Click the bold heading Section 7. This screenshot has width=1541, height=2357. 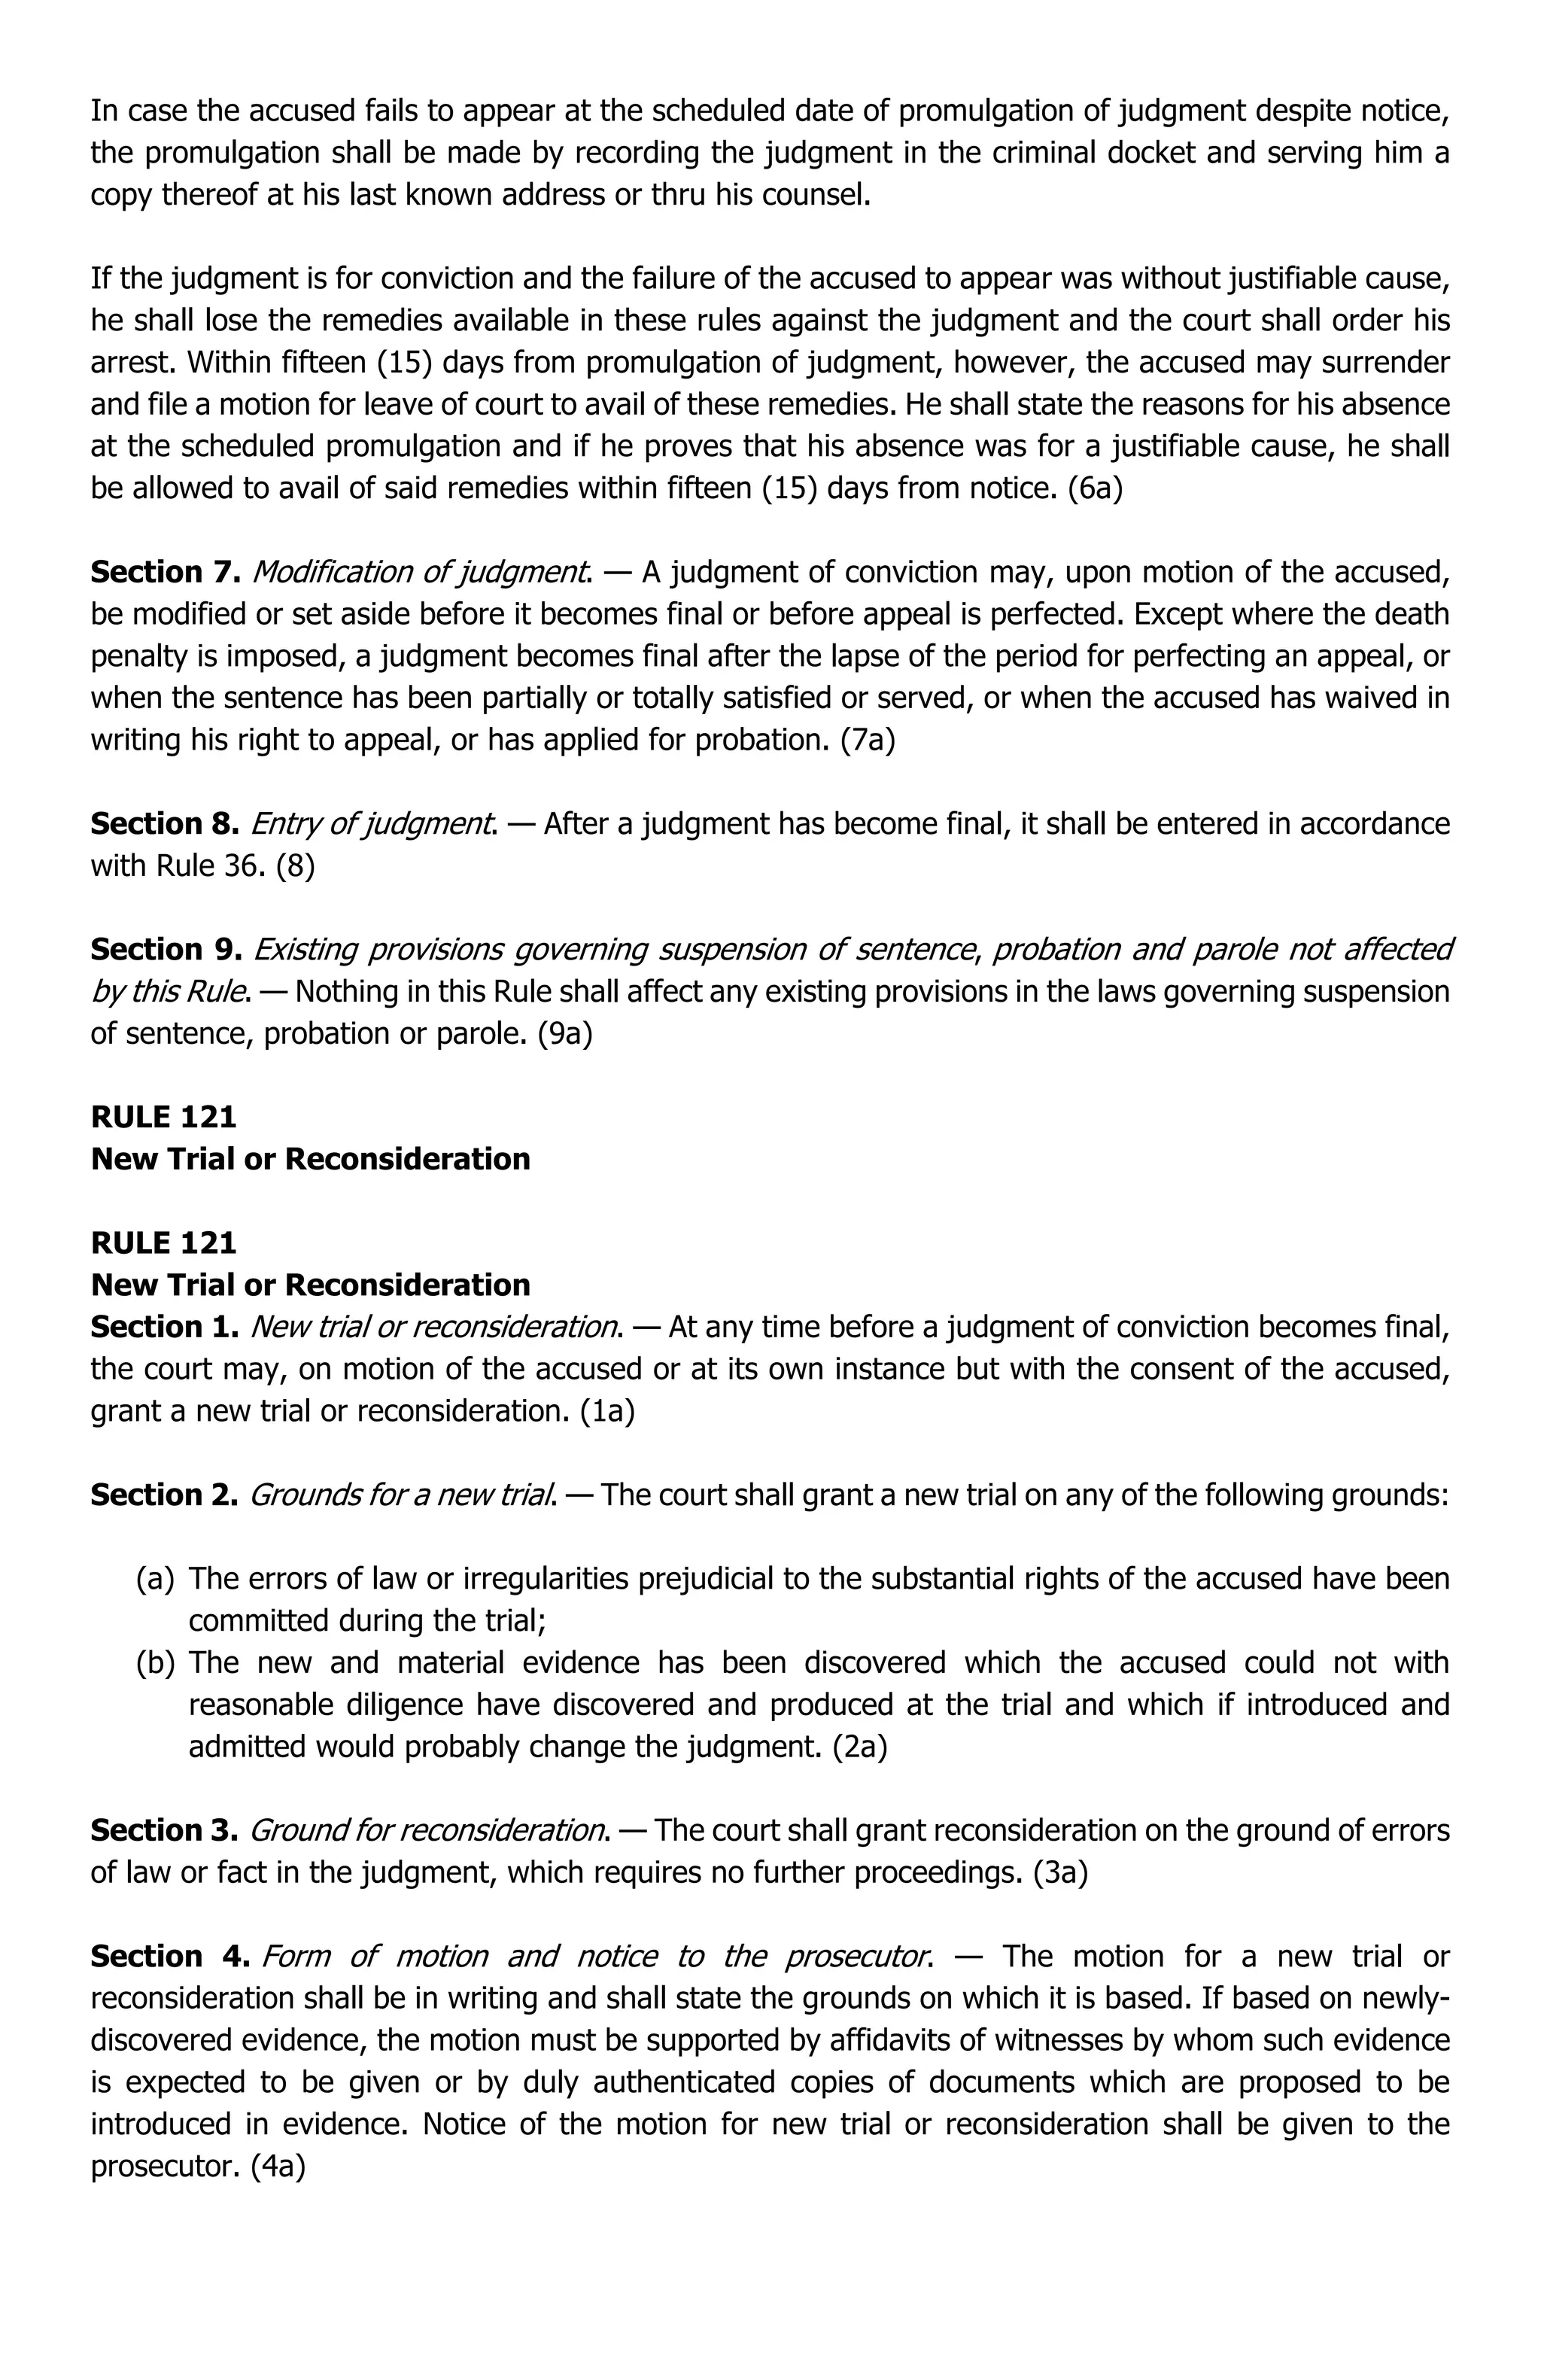[x=166, y=573]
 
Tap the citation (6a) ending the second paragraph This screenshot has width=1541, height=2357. [x=1094, y=488]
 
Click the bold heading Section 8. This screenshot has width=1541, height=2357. [x=166, y=824]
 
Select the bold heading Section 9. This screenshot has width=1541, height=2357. [x=166, y=950]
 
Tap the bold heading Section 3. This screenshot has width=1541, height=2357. [x=163, y=1830]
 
